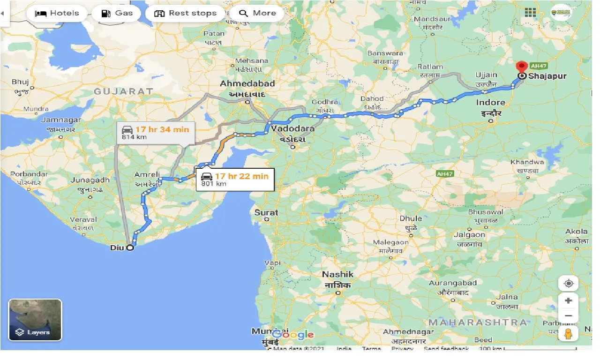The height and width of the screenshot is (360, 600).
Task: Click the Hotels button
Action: pyautogui.click(x=57, y=13)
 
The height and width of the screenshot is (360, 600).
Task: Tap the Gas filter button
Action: pyautogui.click(x=117, y=13)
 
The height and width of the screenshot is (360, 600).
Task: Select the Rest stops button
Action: pyautogui.click(x=186, y=13)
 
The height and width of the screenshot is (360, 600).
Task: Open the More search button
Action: pyautogui.click(x=257, y=13)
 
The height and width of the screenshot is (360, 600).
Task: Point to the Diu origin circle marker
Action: pyautogui.click(x=130, y=248)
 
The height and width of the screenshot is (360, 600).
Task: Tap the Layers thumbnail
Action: pyautogui.click(x=35, y=320)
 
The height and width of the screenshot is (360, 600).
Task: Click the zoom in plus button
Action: pyautogui.click(x=569, y=300)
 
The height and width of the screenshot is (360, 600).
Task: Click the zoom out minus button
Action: pyautogui.click(x=569, y=315)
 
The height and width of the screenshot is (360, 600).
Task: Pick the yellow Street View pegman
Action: pyautogui.click(x=569, y=334)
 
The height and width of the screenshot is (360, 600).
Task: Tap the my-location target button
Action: pyautogui.click(x=569, y=284)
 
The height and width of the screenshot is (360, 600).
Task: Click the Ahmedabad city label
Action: pyautogui.click(x=247, y=83)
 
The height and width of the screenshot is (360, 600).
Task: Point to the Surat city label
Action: pyautogui.click(x=266, y=212)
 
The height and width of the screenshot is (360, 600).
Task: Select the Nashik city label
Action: pyautogui.click(x=337, y=274)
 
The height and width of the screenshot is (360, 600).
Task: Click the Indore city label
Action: pyautogui.click(x=491, y=102)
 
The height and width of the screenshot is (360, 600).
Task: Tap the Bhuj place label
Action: pyautogui.click(x=20, y=82)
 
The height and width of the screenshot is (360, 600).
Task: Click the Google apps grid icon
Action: pyautogui.click(x=530, y=13)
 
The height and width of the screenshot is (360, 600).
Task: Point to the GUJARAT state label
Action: pyautogui.click(x=123, y=91)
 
